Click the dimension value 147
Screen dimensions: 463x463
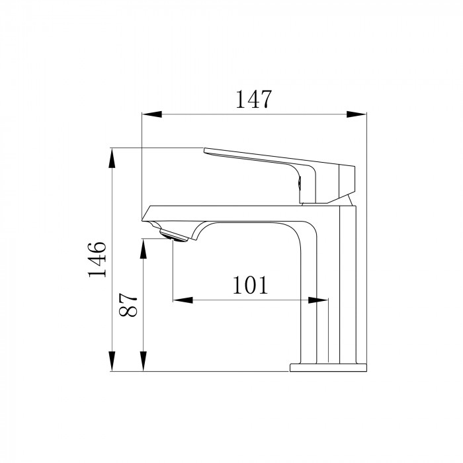(253, 99)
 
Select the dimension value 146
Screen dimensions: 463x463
(97, 259)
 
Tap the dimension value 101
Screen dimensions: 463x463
(251, 285)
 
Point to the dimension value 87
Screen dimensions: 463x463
(128, 305)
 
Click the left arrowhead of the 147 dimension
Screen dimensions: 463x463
(152, 114)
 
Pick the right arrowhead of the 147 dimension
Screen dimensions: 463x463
(357, 114)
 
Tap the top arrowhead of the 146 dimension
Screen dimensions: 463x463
(112, 157)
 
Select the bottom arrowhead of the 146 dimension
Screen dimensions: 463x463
(112, 361)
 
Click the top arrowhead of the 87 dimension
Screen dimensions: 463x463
(144, 249)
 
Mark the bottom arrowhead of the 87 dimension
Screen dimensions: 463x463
(144, 361)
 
